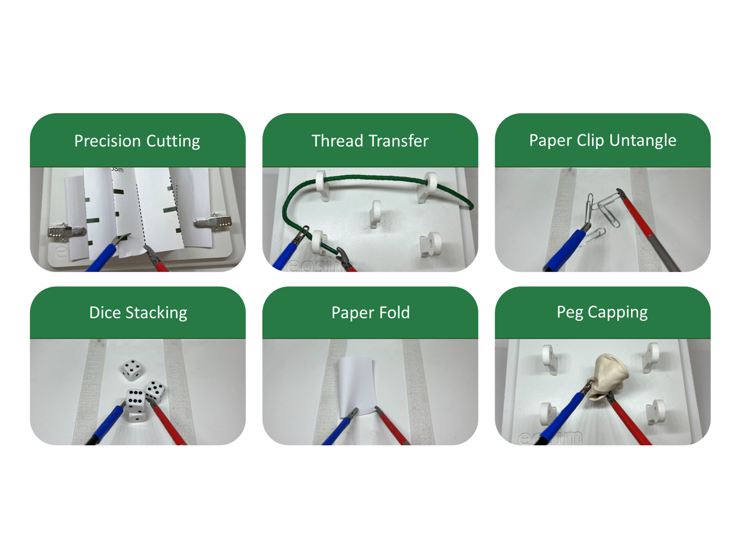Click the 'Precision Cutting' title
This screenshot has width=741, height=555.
click(x=137, y=141)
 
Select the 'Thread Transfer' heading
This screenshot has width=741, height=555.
click(x=370, y=141)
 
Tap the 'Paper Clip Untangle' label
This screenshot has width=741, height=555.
click(x=603, y=140)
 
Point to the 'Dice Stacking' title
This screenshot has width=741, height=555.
click(x=138, y=313)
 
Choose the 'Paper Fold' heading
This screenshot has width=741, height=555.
click(x=371, y=313)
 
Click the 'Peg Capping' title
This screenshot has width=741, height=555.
click(x=602, y=313)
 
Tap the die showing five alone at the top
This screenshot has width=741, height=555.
click(x=132, y=370)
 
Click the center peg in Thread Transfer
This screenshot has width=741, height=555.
click(x=375, y=213)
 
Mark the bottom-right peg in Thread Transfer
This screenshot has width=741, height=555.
click(x=430, y=244)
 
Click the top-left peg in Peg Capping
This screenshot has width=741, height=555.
click(x=549, y=360)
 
